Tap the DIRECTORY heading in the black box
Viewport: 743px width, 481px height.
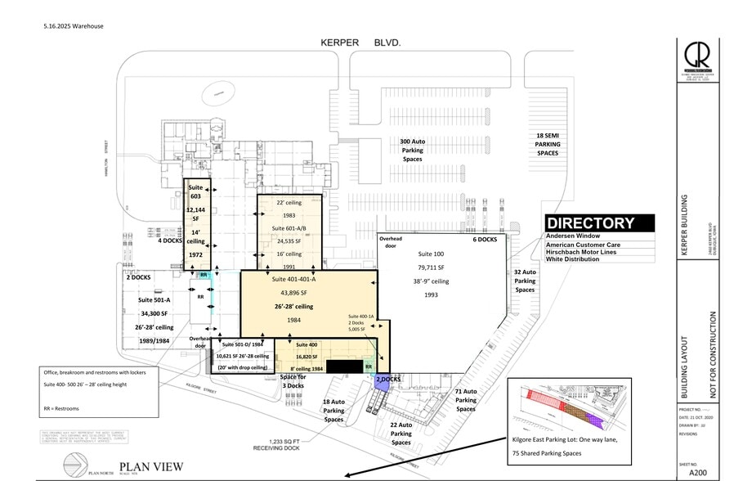[590, 223]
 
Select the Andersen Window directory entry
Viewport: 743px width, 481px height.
[574, 236]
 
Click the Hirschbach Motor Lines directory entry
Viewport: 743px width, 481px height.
[587, 253]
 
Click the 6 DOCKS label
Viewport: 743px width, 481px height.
[484, 240]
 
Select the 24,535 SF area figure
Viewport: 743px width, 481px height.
[287, 241]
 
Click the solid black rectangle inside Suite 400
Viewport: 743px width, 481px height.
[344, 365]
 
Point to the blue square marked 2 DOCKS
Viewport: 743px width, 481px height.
[384, 380]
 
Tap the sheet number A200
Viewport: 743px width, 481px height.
[697, 472]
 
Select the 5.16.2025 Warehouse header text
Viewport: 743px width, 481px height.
[74, 25]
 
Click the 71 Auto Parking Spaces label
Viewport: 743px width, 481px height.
[466, 400]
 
